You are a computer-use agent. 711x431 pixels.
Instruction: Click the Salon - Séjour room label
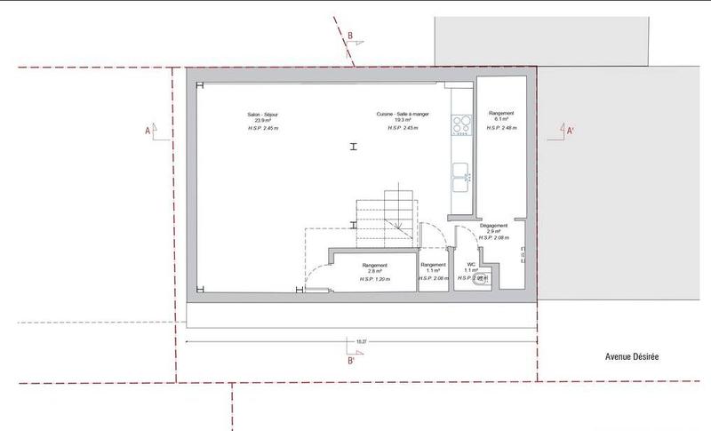coord(262,114)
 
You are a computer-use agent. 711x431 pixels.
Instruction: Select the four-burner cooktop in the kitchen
coord(461,125)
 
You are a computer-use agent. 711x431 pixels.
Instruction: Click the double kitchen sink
coord(461,175)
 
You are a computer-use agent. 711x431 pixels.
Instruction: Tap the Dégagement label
coord(493,226)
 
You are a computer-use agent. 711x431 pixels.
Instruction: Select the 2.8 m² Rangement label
coord(374,267)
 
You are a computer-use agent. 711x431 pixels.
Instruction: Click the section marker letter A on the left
coord(148,130)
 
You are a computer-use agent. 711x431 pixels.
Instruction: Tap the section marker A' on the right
coord(570,130)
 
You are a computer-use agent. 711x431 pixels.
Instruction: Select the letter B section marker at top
coord(351,36)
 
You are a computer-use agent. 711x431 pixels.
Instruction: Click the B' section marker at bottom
coord(352,361)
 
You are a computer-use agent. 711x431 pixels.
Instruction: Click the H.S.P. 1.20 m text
coord(374,280)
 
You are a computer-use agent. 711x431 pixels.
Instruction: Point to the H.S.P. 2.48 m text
coord(501,129)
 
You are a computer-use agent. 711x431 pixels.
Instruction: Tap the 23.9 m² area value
coord(262,121)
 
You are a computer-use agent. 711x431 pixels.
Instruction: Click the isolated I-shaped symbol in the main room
coord(354,148)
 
